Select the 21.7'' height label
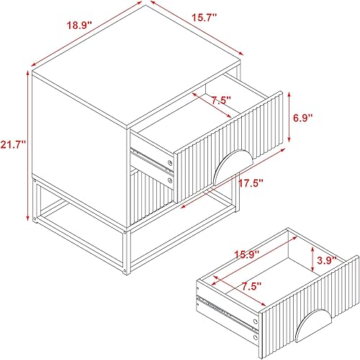pyautogui.click(x=13, y=144)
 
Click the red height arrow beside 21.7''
pyautogui.click(x=30, y=144)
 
